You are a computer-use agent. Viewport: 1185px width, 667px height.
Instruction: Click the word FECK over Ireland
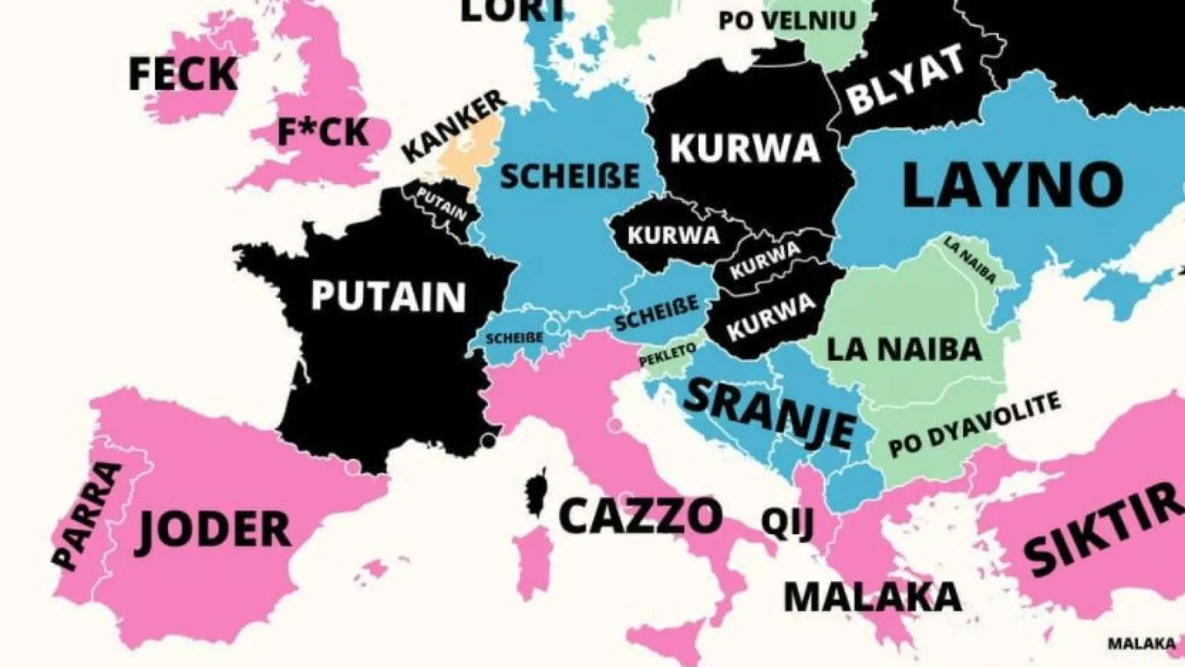coord(183,74)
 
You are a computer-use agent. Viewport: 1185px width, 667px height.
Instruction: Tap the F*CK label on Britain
coord(323,132)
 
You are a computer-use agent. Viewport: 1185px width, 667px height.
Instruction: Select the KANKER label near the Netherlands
coord(454,127)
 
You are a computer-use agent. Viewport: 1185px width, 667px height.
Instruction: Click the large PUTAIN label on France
coord(388,296)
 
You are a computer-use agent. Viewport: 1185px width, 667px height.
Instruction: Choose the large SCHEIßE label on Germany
coord(569,177)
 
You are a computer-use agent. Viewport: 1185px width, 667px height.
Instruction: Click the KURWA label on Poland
coord(745,148)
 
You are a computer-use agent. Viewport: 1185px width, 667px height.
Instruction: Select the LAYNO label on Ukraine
coord(1012,184)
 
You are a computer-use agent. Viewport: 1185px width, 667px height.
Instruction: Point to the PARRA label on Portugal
coord(86,514)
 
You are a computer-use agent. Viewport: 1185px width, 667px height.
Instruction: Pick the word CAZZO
coord(640,516)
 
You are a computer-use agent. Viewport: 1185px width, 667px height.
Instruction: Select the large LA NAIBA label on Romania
coord(904,350)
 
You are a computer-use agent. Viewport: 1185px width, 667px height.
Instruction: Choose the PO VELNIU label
coord(787,20)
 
